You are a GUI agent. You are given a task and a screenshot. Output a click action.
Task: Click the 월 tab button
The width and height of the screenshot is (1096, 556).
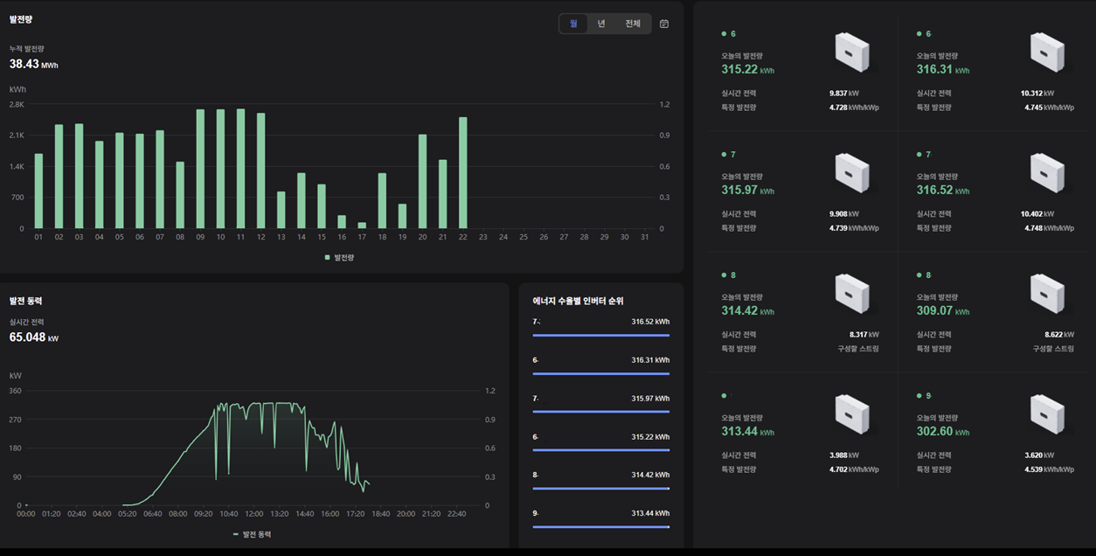point(573,24)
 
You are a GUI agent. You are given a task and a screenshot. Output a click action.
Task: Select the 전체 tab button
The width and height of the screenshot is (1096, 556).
point(633,24)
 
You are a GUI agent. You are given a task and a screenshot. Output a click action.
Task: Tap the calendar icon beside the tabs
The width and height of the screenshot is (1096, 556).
point(664,24)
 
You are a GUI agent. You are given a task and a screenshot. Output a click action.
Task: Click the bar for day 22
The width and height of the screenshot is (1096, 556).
point(463,172)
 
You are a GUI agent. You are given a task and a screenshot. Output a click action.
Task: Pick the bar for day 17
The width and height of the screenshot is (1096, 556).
point(362,225)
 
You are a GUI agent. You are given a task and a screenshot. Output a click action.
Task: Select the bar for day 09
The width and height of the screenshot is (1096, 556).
point(200,169)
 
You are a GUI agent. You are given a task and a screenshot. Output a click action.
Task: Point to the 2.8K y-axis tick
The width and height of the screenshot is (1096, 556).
point(17,104)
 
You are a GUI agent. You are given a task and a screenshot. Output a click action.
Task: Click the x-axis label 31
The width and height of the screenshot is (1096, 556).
point(645,237)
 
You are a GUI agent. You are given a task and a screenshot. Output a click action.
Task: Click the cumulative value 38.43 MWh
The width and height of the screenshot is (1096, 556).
point(33,64)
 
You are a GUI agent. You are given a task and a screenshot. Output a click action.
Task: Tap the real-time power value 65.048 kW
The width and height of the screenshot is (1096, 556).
point(34,337)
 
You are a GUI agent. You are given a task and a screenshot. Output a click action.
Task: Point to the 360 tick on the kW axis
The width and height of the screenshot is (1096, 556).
point(15,391)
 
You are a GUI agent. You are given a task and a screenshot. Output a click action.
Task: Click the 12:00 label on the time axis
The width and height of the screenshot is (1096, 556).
point(254,514)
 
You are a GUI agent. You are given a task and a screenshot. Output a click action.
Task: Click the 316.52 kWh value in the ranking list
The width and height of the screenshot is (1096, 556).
point(650,322)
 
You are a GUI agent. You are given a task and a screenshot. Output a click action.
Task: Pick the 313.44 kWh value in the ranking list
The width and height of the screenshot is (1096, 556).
point(650,513)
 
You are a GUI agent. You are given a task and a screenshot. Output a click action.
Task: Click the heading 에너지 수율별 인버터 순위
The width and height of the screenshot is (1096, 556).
point(578,301)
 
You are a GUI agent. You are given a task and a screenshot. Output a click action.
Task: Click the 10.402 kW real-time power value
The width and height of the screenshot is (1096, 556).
point(1037,213)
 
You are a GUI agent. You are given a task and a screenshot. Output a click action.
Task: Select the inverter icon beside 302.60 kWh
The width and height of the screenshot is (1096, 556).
point(1047,414)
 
